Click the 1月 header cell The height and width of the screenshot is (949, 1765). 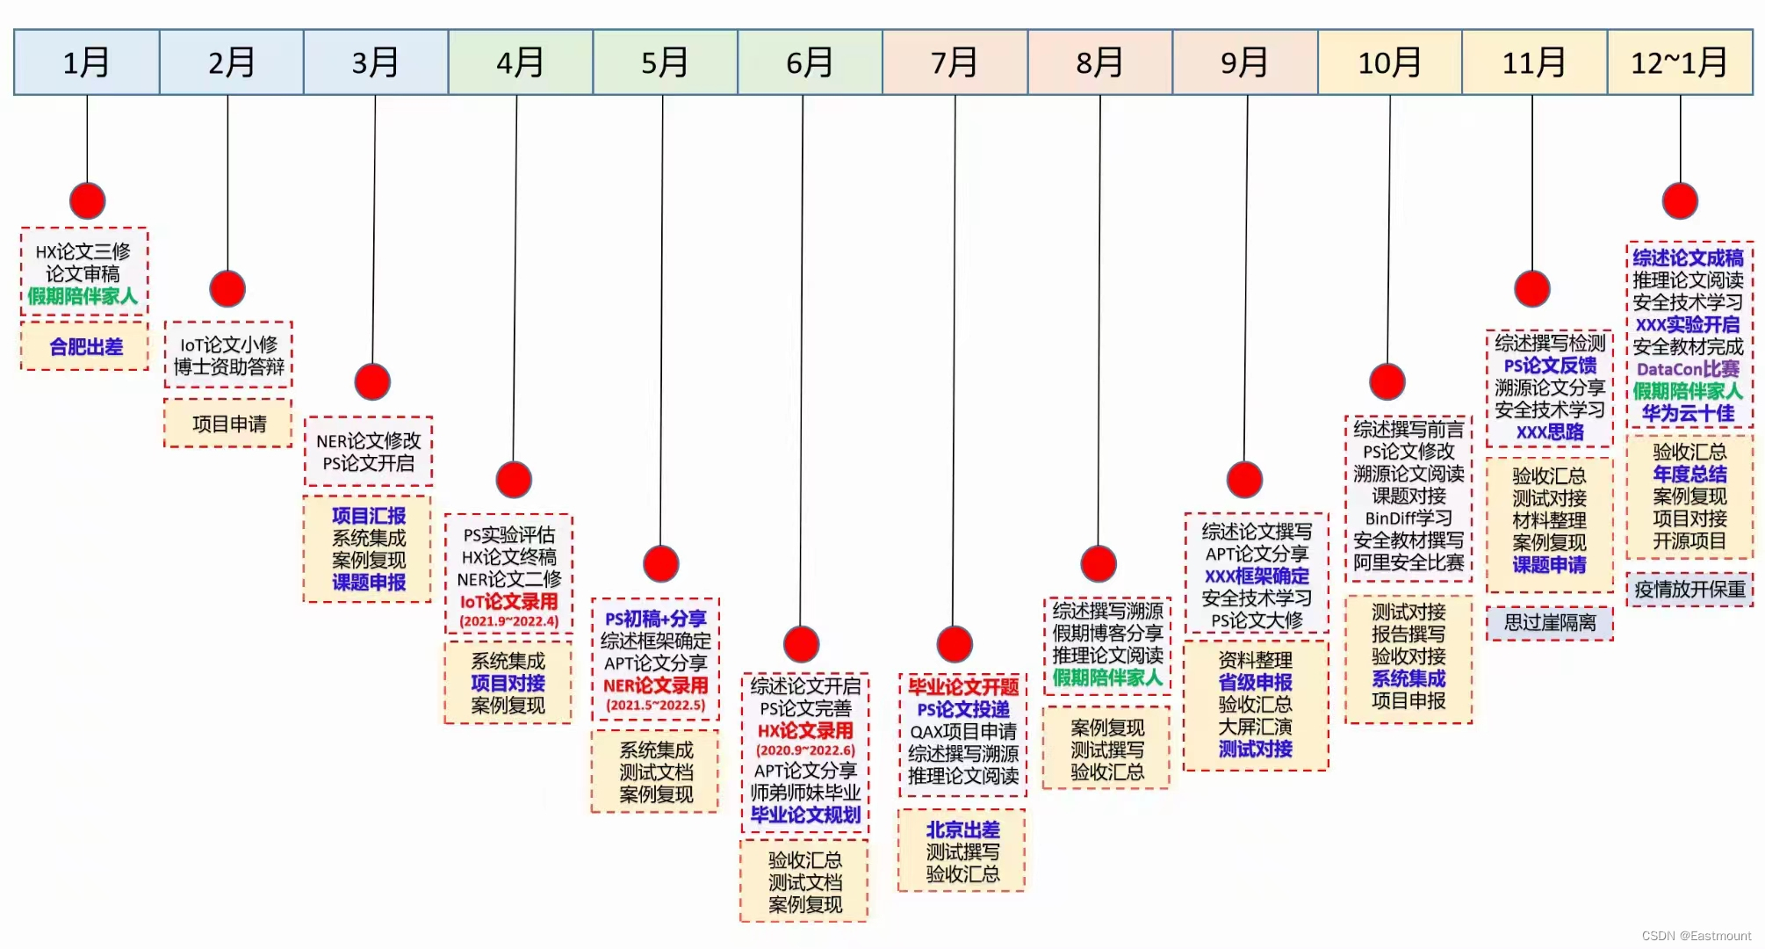[86, 62]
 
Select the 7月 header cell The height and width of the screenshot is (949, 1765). [955, 62]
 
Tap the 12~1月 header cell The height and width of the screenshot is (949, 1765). [1679, 62]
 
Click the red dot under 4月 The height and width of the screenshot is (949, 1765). [514, 480]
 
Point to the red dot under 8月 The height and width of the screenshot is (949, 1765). [1099, 563]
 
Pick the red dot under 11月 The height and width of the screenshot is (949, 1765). [1532, 288]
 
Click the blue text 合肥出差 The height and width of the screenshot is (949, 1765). [85, 347]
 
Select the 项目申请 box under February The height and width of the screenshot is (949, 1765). [228, 424]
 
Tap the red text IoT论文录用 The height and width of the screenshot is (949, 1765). [508, 602]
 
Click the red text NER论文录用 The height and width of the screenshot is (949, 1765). [655, 685]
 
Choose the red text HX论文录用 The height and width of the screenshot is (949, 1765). [805, 730]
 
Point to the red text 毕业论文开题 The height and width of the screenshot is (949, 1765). [963, 687]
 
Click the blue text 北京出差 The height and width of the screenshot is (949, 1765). [962, 829]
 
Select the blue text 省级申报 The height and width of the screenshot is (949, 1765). [1255, 683]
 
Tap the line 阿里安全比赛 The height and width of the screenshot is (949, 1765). [1408, 562]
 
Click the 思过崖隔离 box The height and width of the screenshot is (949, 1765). [1550, 623]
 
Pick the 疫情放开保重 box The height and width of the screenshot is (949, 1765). [1689, 589]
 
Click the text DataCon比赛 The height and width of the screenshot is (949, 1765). [1688, 369]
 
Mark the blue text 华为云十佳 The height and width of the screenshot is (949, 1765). [1688, 413]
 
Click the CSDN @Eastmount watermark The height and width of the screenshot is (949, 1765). [1696, 936]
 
